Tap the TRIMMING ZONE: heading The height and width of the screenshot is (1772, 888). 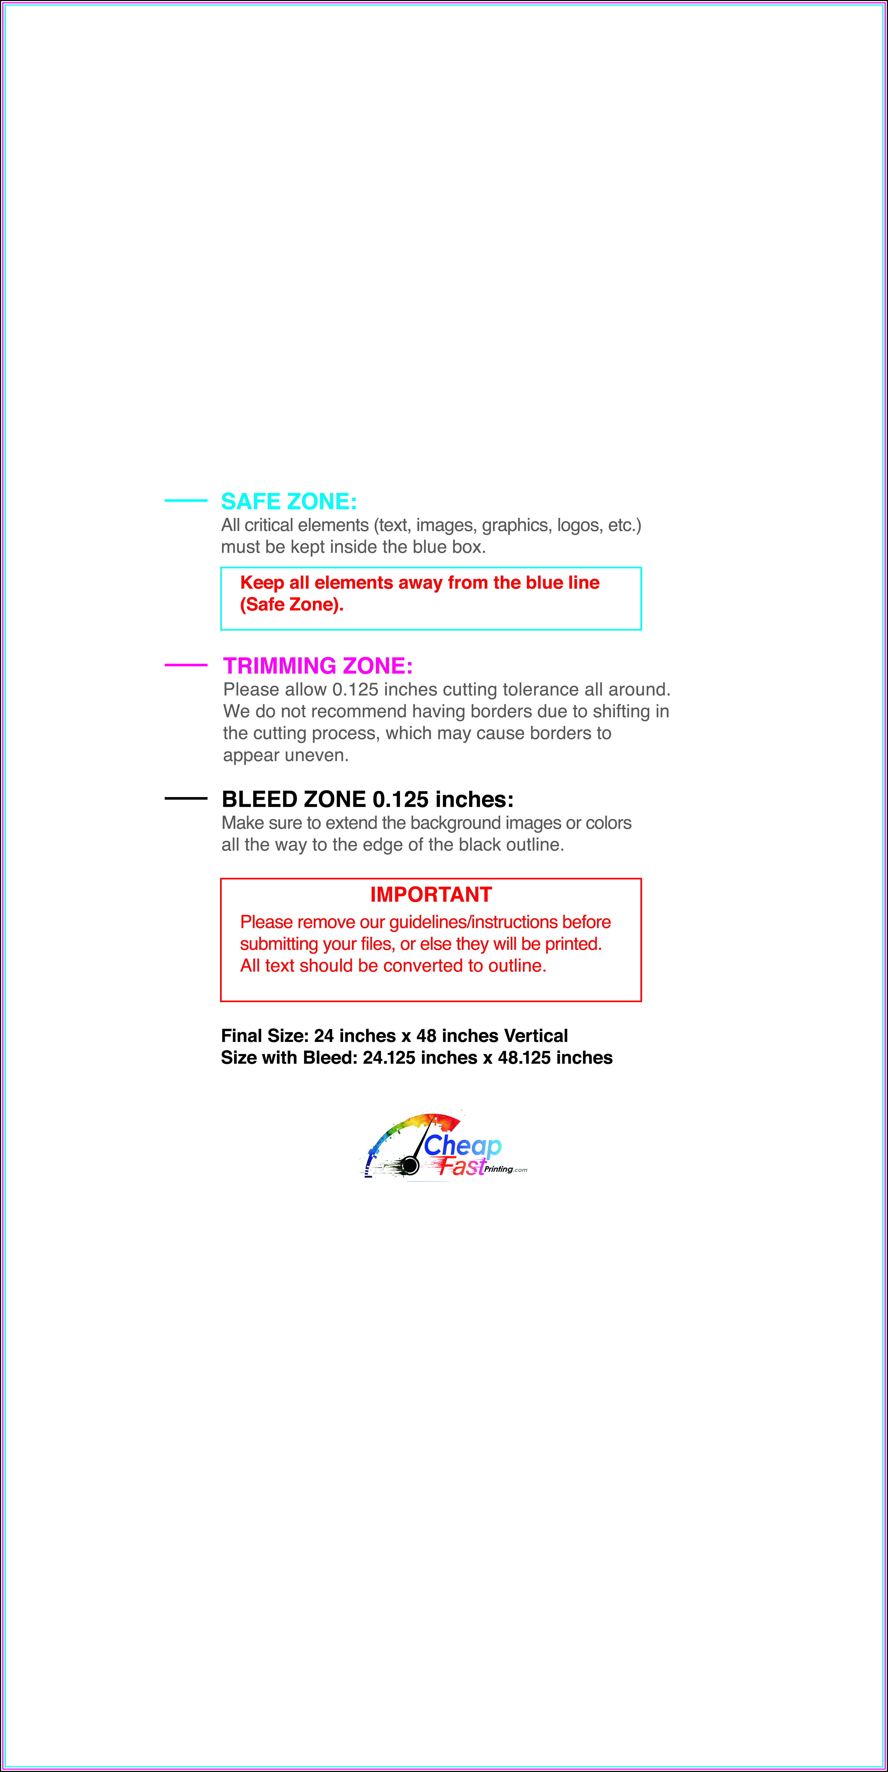[318, 666]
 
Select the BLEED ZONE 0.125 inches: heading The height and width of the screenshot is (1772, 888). [367, 799]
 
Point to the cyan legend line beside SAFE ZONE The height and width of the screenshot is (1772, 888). [186, 501]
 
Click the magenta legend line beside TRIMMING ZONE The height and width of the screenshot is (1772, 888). [186, 665]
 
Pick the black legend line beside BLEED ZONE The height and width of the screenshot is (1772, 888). [186, 799]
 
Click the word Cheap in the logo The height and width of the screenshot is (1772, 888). [462, 1145]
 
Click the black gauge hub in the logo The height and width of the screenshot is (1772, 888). [410, 1165]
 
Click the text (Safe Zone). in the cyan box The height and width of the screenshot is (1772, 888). [292, 605]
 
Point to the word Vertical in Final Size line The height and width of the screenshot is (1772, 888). [536, 1036]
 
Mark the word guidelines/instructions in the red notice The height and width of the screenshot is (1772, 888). [473, 922]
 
